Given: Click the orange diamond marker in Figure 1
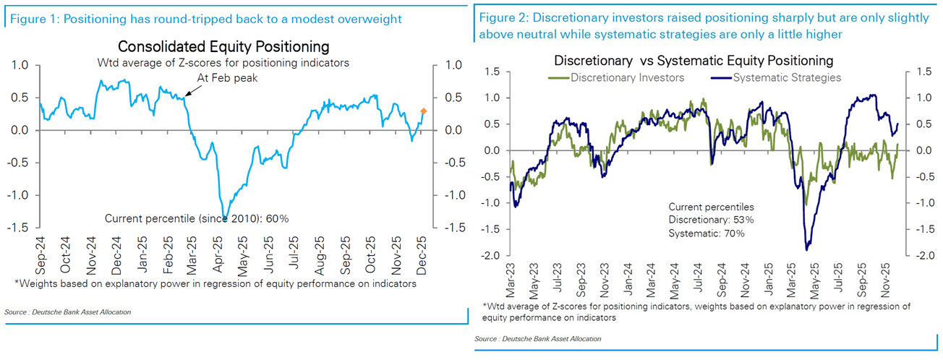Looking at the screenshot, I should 423,111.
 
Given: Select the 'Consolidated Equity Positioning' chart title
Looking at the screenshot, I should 223,47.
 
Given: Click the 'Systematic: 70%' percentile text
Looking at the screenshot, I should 706,233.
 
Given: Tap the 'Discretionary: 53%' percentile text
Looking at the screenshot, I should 711,220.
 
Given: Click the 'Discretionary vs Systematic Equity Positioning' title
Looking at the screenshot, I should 694,61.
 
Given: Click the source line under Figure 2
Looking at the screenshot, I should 537,338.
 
